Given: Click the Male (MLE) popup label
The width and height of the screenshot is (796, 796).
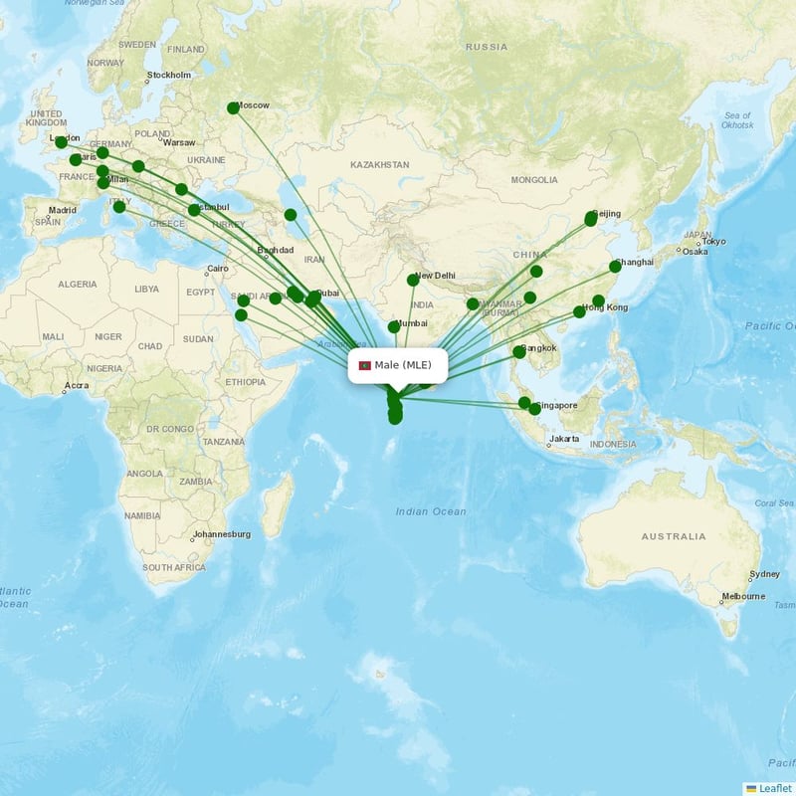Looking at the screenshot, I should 403,365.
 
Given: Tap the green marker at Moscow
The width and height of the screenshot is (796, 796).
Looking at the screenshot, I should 233,107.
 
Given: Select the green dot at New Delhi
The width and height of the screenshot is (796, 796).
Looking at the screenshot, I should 413,280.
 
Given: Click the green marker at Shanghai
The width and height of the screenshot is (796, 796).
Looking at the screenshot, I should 616,266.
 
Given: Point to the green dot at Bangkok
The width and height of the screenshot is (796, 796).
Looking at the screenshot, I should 518,351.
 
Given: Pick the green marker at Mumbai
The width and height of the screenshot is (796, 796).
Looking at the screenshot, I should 393,326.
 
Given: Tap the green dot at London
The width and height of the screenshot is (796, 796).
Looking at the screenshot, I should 61,142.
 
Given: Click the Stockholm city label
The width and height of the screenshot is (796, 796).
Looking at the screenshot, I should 169,75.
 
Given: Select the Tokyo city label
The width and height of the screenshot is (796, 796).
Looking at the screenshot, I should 713,242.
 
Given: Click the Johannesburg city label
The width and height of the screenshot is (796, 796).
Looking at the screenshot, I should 222,534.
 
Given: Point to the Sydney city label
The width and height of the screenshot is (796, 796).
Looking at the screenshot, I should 765,574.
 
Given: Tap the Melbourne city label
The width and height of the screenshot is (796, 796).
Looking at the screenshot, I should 744,596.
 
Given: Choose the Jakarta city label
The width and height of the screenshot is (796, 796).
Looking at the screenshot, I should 564,438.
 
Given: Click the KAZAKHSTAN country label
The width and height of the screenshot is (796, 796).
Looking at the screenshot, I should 379,164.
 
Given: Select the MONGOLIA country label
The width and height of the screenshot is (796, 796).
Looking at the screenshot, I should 534,180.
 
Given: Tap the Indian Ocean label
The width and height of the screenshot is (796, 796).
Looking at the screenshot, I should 430,511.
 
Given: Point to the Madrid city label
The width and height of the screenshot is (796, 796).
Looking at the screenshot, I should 63,210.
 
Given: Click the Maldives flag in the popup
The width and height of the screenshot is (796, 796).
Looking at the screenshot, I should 364,365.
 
